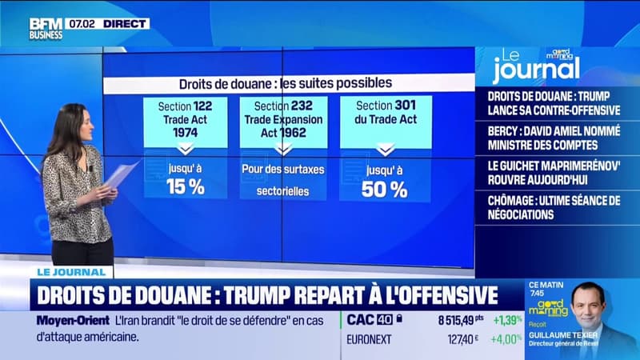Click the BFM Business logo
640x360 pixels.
pyautogui.click(x=46, y=29)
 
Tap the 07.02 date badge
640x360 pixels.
pyautogui.click(x=82, y=24)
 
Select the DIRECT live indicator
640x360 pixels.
pyautogui.click(x=125, y=24)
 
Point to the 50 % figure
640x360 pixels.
pyautogui.click(x=385, y=189)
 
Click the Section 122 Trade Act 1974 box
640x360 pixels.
pyautogui.click(x=185, y=121)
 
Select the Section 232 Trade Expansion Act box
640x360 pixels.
pyautogui.click(x=283, y=121)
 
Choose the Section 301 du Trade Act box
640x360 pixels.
pyautogui.click(x=385, y=121)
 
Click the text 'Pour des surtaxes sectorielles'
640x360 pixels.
pyautogui.click(x=283, y=180)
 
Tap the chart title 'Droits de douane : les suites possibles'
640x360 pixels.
pyautogui.click(x=285, y=82)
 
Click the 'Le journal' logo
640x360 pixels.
pyautogui.click(x=534, y=67)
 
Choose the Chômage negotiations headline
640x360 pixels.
pyautogui.click(x=557, y=207)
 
